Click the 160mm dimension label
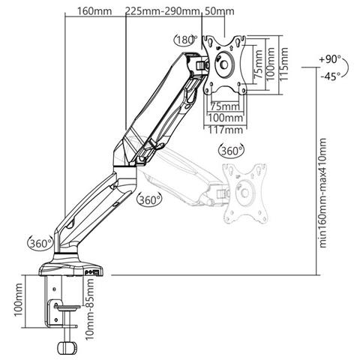[94, 11]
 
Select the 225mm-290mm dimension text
[163, 11]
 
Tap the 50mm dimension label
[219, 11]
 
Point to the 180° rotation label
[186, 40]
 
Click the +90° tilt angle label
[330, 59]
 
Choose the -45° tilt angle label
[331, 76]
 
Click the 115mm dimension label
[283, 64]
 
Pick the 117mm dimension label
[226, 130]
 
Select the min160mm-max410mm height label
[322, 193]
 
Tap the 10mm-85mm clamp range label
[89, 309]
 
